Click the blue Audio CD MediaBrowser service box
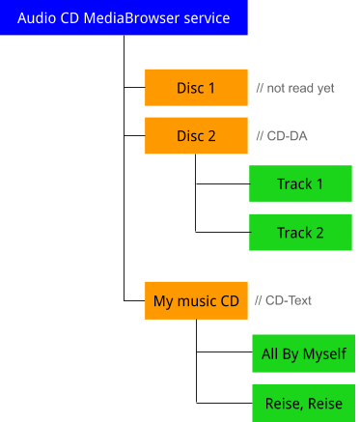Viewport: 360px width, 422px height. coord(124,18)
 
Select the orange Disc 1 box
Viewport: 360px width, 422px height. coord(196,88)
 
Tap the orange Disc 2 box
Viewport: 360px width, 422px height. coord(196,135)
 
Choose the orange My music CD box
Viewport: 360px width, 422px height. coord(196,301)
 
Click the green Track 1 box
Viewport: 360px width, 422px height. coord(300,183)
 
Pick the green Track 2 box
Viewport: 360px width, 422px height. coord(300,233)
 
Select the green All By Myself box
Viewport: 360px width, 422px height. coord(303,354)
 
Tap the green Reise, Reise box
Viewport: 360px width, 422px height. coord(303,403)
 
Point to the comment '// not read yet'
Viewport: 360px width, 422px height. coord(295,88)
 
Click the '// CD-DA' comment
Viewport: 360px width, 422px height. coord(282,136)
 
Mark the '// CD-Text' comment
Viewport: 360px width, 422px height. coord(284,301)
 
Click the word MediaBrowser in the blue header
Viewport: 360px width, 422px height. coord(134,18)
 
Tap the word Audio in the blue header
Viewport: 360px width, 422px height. coord(37,18)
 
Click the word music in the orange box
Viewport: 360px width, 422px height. coord(199,301)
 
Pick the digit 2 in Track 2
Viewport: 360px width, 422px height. coord(319,233)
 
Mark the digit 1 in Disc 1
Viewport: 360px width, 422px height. coord(211,88)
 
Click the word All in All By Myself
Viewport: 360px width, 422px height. coord(269,354)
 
